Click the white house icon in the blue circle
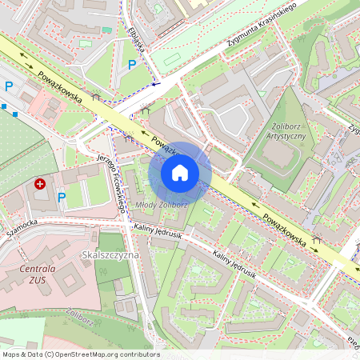(180, 173)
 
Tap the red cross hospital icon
(40, 185)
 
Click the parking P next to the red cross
(61, 197)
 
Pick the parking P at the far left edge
(10, 86)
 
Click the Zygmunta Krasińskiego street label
(261, 31)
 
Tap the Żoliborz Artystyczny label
(285, 130)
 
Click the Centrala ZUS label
(42, 274)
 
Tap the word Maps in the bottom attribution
(12, 354)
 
